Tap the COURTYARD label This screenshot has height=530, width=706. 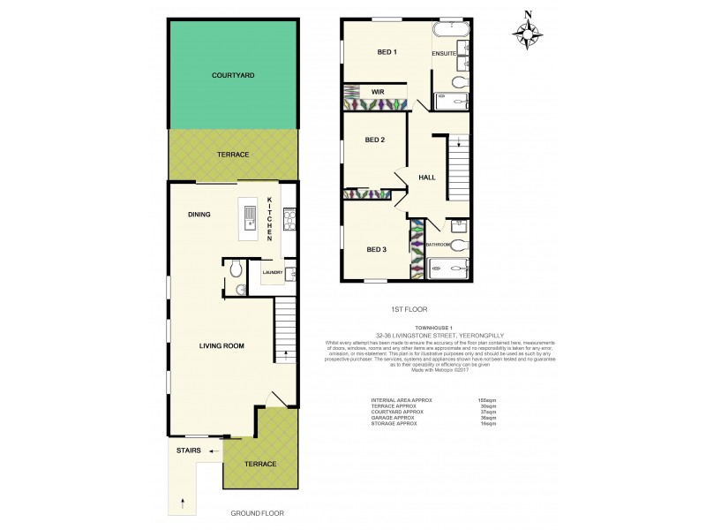click(x=233, y=77)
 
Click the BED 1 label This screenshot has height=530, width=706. click(x=387, y=52)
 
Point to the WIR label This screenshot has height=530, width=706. click(x=377, y=90)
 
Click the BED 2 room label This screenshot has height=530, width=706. click(x=375, y=140)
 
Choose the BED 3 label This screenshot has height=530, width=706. click(x=376, y=249)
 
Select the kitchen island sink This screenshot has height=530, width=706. click(x=250, y=216)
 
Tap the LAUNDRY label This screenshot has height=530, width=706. click(x=273, y=272)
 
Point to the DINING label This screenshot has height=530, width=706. click(x=198, y=213)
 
